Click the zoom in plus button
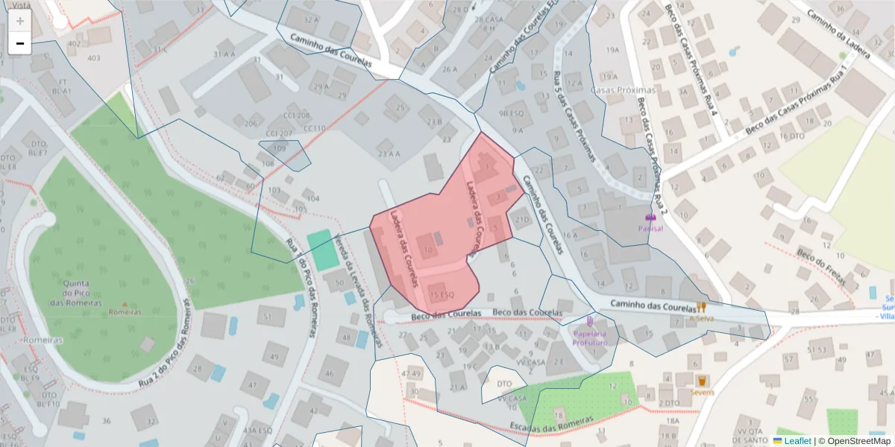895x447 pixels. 19,21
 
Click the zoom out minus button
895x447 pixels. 19,43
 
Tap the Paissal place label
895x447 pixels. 650,229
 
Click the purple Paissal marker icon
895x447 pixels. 650,217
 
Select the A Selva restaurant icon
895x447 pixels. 701,307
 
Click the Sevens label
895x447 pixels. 702,392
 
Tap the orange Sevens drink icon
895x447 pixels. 702,381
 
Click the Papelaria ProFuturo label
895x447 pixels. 590,338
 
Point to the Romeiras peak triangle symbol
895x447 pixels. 125,305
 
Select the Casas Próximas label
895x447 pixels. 621,90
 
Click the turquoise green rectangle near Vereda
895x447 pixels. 323,250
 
